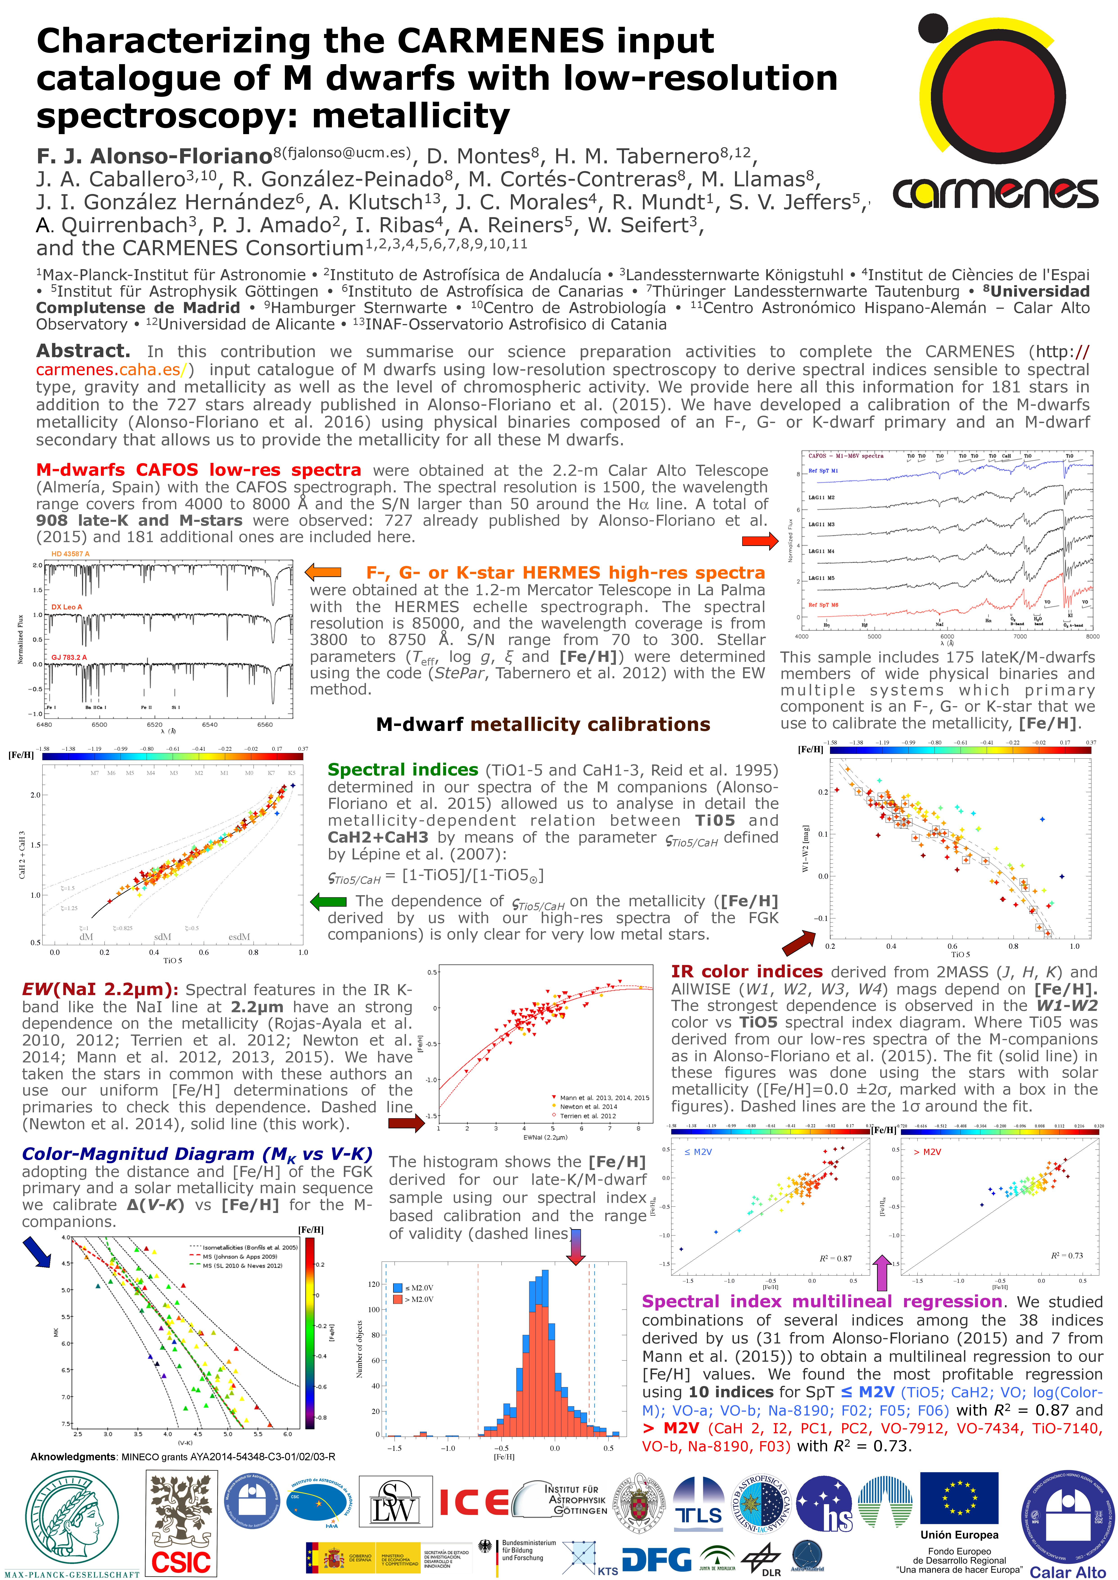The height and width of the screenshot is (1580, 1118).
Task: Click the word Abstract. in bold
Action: pyautogui.click(x=83, y=352)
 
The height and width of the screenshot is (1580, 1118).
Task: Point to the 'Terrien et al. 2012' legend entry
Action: pyautogui.click(x=587, y=1116)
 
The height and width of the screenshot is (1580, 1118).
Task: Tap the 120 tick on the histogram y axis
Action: pyautogui.click(x=374, y=1284)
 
